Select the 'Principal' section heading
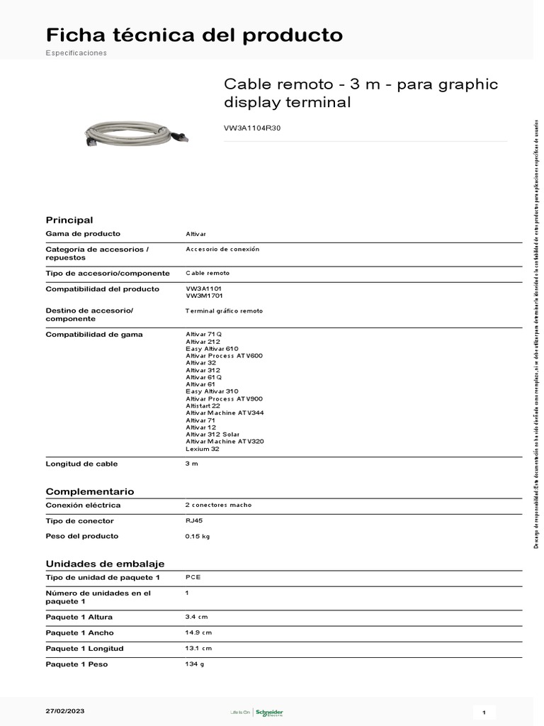(69, 220)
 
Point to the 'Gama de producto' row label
(83, 233)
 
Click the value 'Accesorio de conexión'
(222, 249)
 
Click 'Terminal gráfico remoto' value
(224, 311)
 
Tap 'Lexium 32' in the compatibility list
(203, 449)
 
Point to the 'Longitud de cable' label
(81, 464)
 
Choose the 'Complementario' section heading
(89, 491)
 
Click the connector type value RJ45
(194, 520)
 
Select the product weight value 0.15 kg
(198, 536)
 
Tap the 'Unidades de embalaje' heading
(105, 563)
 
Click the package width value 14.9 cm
(198, 632)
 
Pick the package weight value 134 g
(195, 664)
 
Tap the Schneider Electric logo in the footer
(268, 712)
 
